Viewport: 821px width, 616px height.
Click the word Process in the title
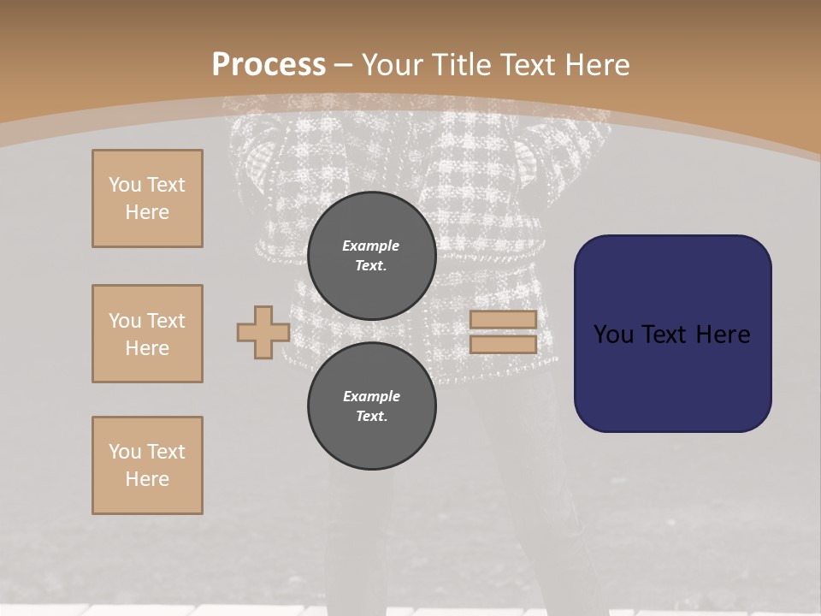coord(269,65)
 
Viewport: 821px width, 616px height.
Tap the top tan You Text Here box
coord(147,198)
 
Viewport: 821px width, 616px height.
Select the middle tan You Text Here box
coord(147,334)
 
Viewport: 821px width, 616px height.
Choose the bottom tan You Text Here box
coord(147,465)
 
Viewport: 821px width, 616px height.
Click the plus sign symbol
coord(263,332)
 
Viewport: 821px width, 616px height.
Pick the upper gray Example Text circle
coord(371,256)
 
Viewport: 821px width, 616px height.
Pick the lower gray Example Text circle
coord(371,406)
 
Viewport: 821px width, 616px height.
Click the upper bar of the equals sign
coord(503,319)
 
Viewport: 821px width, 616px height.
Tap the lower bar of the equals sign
coord(503,344)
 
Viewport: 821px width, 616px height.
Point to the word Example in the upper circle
coord(370,246)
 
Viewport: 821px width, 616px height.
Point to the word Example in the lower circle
coord(371,396)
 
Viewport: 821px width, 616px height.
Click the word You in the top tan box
coord(125,185)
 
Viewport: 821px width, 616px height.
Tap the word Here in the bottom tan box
coord(147,479)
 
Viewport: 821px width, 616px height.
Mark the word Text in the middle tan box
coord(165,321)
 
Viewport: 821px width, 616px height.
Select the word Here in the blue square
coord(724,335)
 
